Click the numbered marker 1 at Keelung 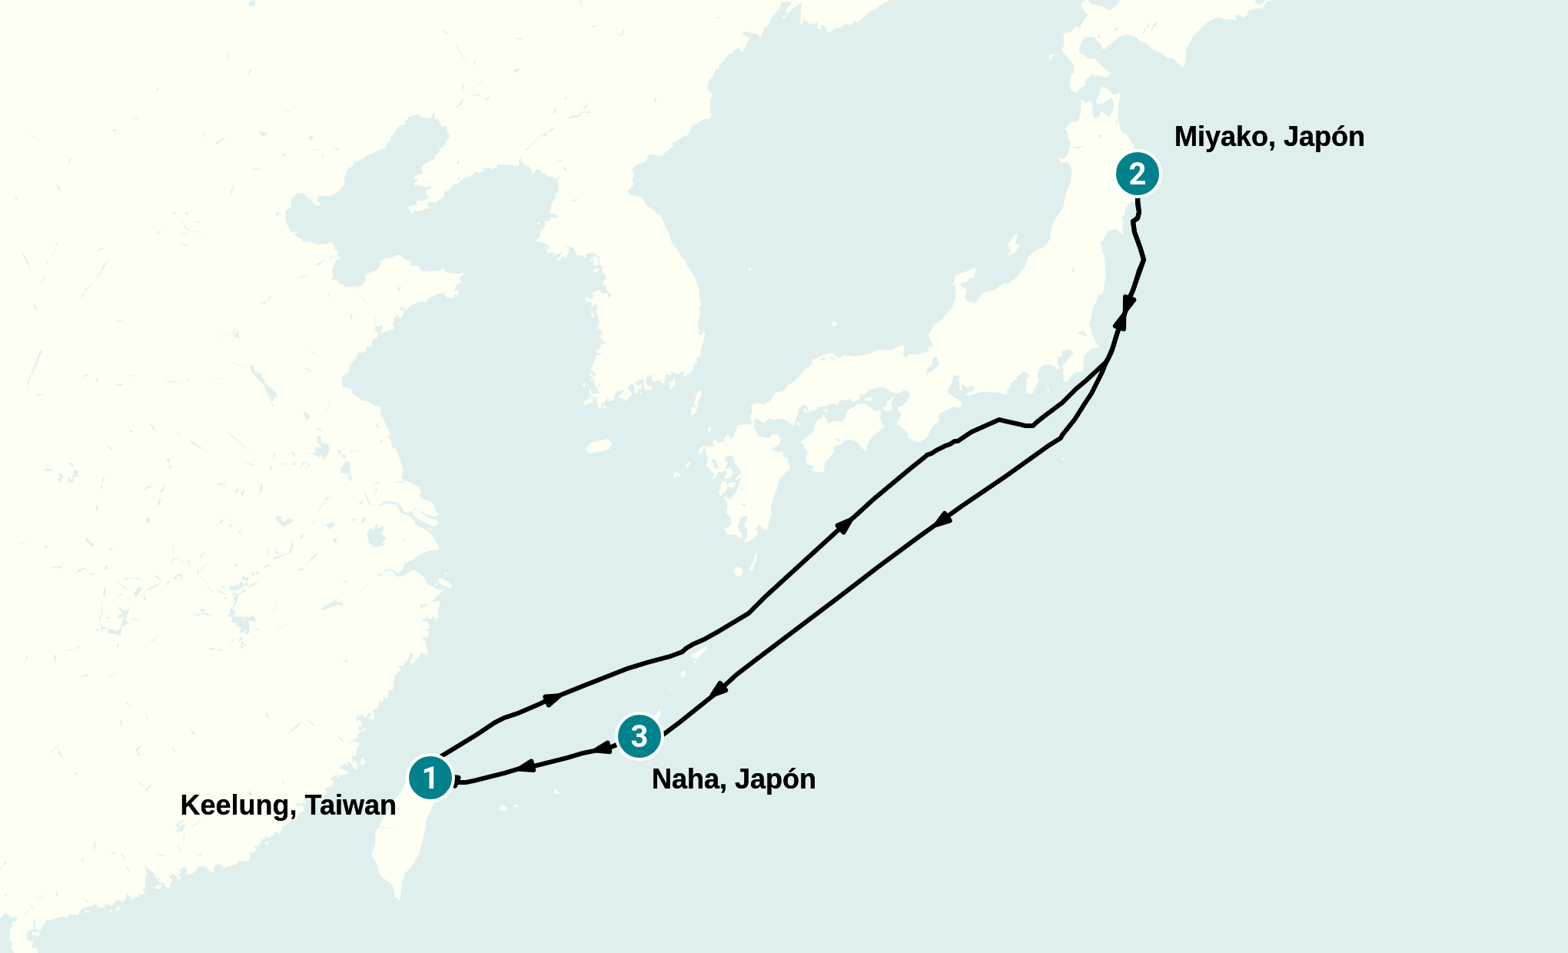pyautogui.click(x=430, y=778)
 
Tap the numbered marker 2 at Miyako pyautogui.click(x=1138, y=174)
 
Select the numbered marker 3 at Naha pyautogui.click(x=639, y=736)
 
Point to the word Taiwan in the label pyautogui.click(x=350, y=805)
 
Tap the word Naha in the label pyautogui.click(x=689, y=779)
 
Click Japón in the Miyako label pyautogui.click(x=1324, y=137)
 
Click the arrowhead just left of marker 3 pyautogui.click(x=603, y=748)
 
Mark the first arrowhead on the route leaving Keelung pyautogui.click(x=552, y=699)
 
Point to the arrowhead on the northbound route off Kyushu pyautogui.click(x=844, y=526)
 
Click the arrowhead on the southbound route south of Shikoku pyautogui.click(x=943, y=520)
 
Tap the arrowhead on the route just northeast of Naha pyautogui.click(x=718, y=689)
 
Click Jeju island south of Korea pyautogui.click(x=599, y=446)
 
